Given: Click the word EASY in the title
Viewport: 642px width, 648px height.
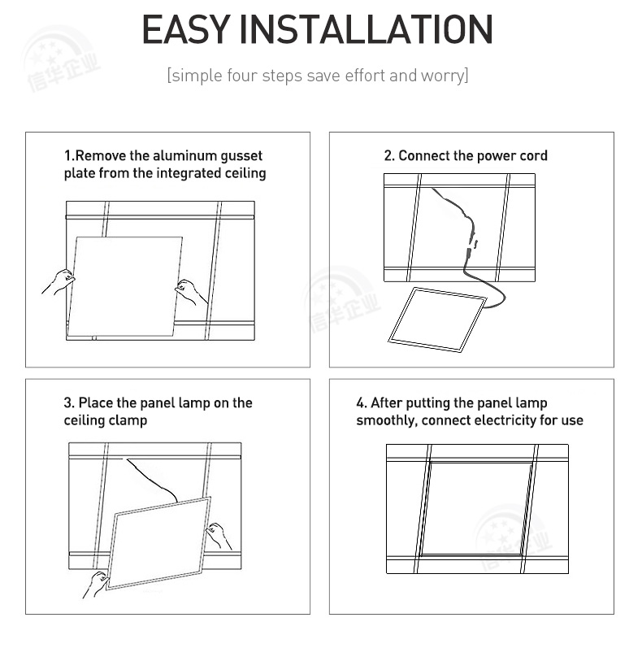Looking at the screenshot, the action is [186, 29].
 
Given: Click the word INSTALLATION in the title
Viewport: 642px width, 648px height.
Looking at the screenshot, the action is [367, 29].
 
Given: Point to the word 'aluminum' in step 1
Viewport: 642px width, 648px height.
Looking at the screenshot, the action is [184, 155].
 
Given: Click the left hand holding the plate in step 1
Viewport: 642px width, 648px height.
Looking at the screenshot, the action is [59, 281].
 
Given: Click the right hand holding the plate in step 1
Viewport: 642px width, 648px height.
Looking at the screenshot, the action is [191, 291].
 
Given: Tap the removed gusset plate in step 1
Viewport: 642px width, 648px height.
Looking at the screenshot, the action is [125, 286].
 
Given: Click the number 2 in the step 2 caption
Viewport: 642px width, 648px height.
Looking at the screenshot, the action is [388, 155].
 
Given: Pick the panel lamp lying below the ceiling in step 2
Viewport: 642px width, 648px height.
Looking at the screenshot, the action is [437, 320].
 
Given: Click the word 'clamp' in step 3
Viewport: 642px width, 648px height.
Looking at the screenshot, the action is [128, 420].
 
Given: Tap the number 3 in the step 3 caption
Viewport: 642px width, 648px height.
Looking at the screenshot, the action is [68, 403].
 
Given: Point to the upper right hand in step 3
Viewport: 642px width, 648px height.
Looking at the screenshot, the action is [218, 536].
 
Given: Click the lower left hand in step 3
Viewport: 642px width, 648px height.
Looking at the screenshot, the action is [96, 584].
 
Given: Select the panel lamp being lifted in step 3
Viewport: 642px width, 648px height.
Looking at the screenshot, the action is [159, 543].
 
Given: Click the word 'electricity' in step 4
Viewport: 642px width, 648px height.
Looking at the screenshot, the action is [505, 420].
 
